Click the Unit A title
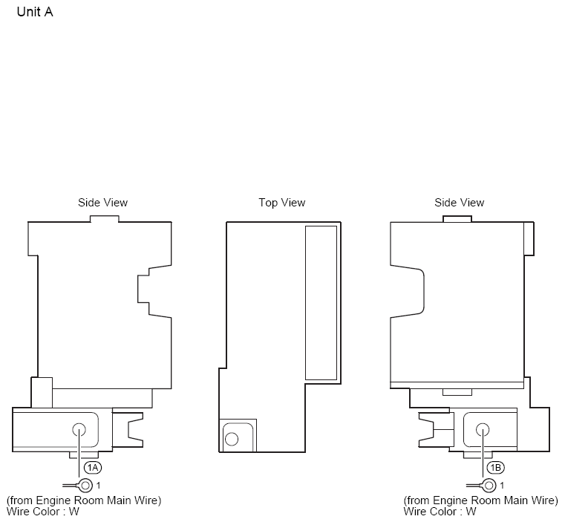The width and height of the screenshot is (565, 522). [35, 12]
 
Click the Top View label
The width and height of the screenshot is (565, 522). [282, 203]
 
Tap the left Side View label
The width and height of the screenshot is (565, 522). [102, 203]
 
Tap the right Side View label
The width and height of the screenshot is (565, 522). [459, 203]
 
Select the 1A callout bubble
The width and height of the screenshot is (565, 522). [93, 468]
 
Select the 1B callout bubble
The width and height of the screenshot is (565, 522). [496, 468]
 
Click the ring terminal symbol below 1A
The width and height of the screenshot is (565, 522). [85, 486]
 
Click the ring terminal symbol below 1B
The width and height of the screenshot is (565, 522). [489, 486]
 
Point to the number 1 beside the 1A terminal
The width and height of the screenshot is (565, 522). [98, 486]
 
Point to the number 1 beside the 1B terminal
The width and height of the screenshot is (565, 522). [502, 486]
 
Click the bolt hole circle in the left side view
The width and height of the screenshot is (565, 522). [79, 430]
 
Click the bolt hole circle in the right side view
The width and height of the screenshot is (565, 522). [483, 430]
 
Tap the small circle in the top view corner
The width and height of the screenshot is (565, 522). [232, 439]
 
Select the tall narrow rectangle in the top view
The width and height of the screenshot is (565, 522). [321, 303]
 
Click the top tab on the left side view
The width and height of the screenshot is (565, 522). [105, 219]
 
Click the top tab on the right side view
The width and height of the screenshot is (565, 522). [457, 219]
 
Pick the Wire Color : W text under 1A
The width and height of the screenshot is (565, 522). [42, 512]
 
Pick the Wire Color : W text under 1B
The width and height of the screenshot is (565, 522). [440, 512]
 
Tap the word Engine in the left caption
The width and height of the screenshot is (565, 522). [53, 500]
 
